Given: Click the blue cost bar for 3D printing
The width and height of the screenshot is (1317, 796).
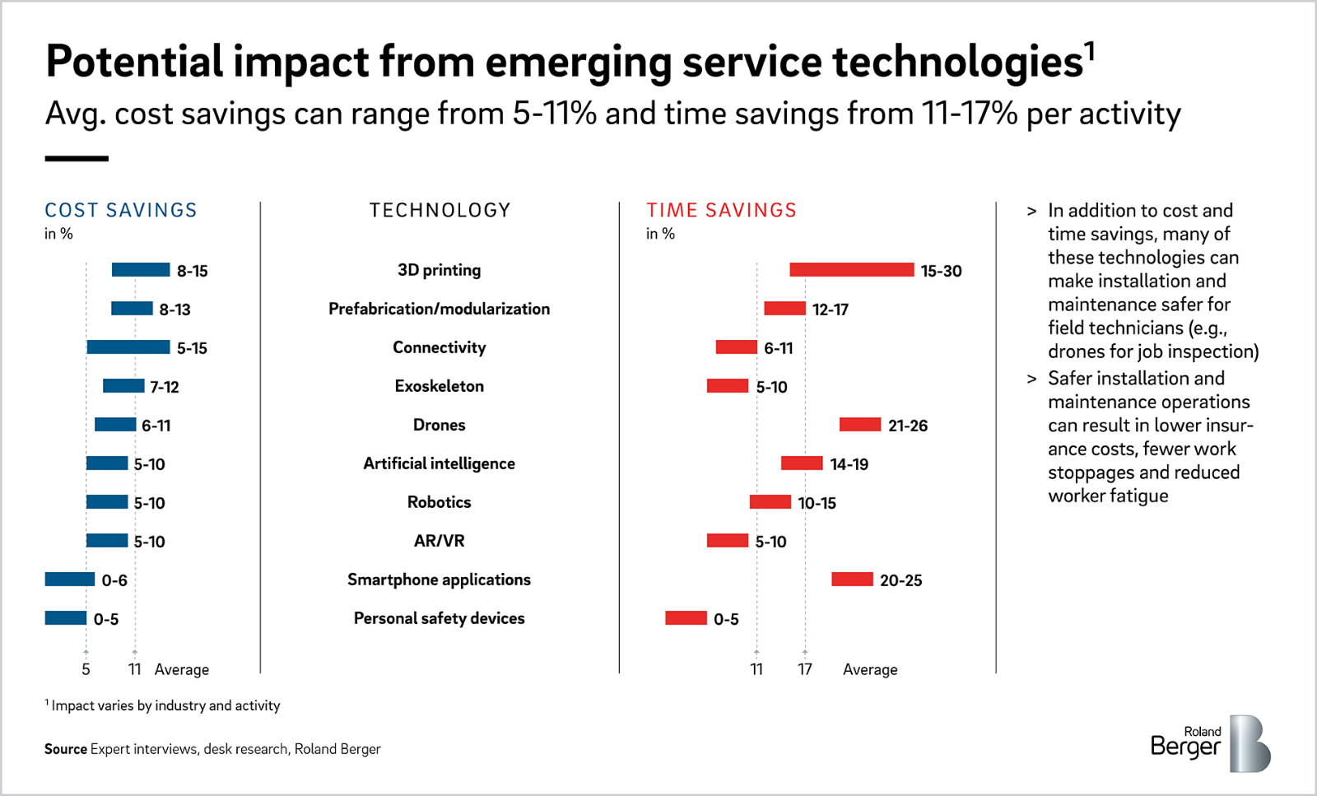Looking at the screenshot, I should (x=141, y=270).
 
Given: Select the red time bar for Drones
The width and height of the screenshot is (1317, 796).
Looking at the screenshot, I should (x=860, y=425).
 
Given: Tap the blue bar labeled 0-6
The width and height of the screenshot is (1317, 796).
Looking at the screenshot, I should (x=70, y=580).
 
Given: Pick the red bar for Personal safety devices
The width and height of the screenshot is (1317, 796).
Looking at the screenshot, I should (x=686, y=618).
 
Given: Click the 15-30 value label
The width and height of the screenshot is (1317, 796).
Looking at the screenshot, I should (x=941, y=271).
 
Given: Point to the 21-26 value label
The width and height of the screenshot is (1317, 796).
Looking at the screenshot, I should (x=907, y=426).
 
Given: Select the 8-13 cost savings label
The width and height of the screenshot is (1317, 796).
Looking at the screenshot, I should (x=175, y=310).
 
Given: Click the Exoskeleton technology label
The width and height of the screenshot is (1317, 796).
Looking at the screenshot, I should (x=439, y=386).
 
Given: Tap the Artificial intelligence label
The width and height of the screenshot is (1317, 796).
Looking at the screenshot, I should (x=439, y=463).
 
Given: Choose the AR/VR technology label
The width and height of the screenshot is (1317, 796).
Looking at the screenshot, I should (x=439, y=541).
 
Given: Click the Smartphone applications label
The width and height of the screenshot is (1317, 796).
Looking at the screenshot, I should (x=439, y=580).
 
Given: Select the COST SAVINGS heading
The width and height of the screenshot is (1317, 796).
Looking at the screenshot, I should (x=121, y=211).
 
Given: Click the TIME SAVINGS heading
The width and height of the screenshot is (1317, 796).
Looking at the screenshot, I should (x=721, y=211).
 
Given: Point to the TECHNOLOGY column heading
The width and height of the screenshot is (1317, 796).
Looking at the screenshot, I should (x=440, y=211).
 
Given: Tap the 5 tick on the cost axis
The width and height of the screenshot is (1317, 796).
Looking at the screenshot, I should (x=86, y=669).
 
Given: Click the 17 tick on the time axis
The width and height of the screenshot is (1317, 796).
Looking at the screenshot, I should (x=805, y=669).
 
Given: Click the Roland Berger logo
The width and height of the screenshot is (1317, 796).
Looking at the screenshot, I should (x=1210, y=743).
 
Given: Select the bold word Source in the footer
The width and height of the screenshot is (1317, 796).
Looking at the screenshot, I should (x=66, y=749).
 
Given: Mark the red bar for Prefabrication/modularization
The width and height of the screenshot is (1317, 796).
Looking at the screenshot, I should (x=784, y=309).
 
